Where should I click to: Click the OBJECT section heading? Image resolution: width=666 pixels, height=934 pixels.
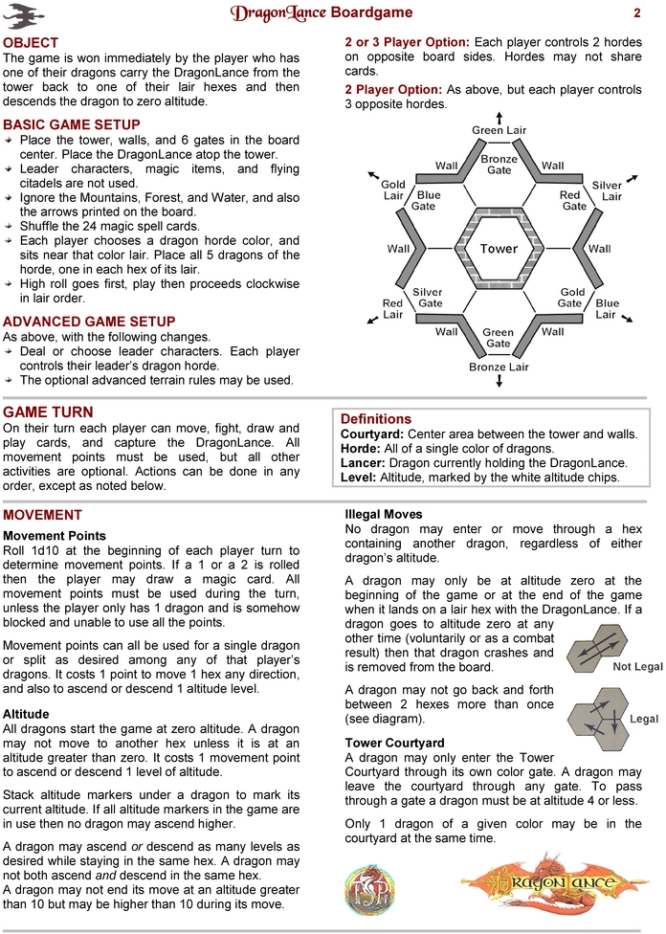pyautogui.click(x=31, y=43)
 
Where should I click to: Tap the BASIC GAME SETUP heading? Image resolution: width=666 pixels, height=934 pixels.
pyautogui.click(x=72, y=125)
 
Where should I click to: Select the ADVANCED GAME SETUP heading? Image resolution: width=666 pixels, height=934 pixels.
pyautogui.click(x=89, y=321)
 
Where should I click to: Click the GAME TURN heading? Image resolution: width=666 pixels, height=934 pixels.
pyautogui.click(x=48, y=412)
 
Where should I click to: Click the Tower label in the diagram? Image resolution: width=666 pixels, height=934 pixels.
pyautogui.click(x=499, y=249)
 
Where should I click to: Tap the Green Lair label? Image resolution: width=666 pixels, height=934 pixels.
pyautogui.click(x=499, y=130)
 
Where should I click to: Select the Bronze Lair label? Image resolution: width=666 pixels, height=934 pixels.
pyautogui.click(x=499, y=367)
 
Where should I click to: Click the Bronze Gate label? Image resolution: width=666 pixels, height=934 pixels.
pyautogui.click(x=499, y=165)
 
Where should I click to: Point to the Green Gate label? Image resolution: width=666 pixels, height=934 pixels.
pyautogui.click(x=498, y=338)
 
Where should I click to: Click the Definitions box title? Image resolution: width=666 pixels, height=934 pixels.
pyautogui.click(x=376, y=419)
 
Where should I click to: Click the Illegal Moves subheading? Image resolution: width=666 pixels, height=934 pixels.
pyautogui.click(x=383, y=515)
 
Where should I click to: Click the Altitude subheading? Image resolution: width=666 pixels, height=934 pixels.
pyautogui.click(x=26, y=714)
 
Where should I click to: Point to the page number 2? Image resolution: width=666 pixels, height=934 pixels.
pyautogui.click(x=636, y=13)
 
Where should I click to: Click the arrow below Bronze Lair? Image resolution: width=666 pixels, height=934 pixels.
pyautogui.click(x=499, y=381)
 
